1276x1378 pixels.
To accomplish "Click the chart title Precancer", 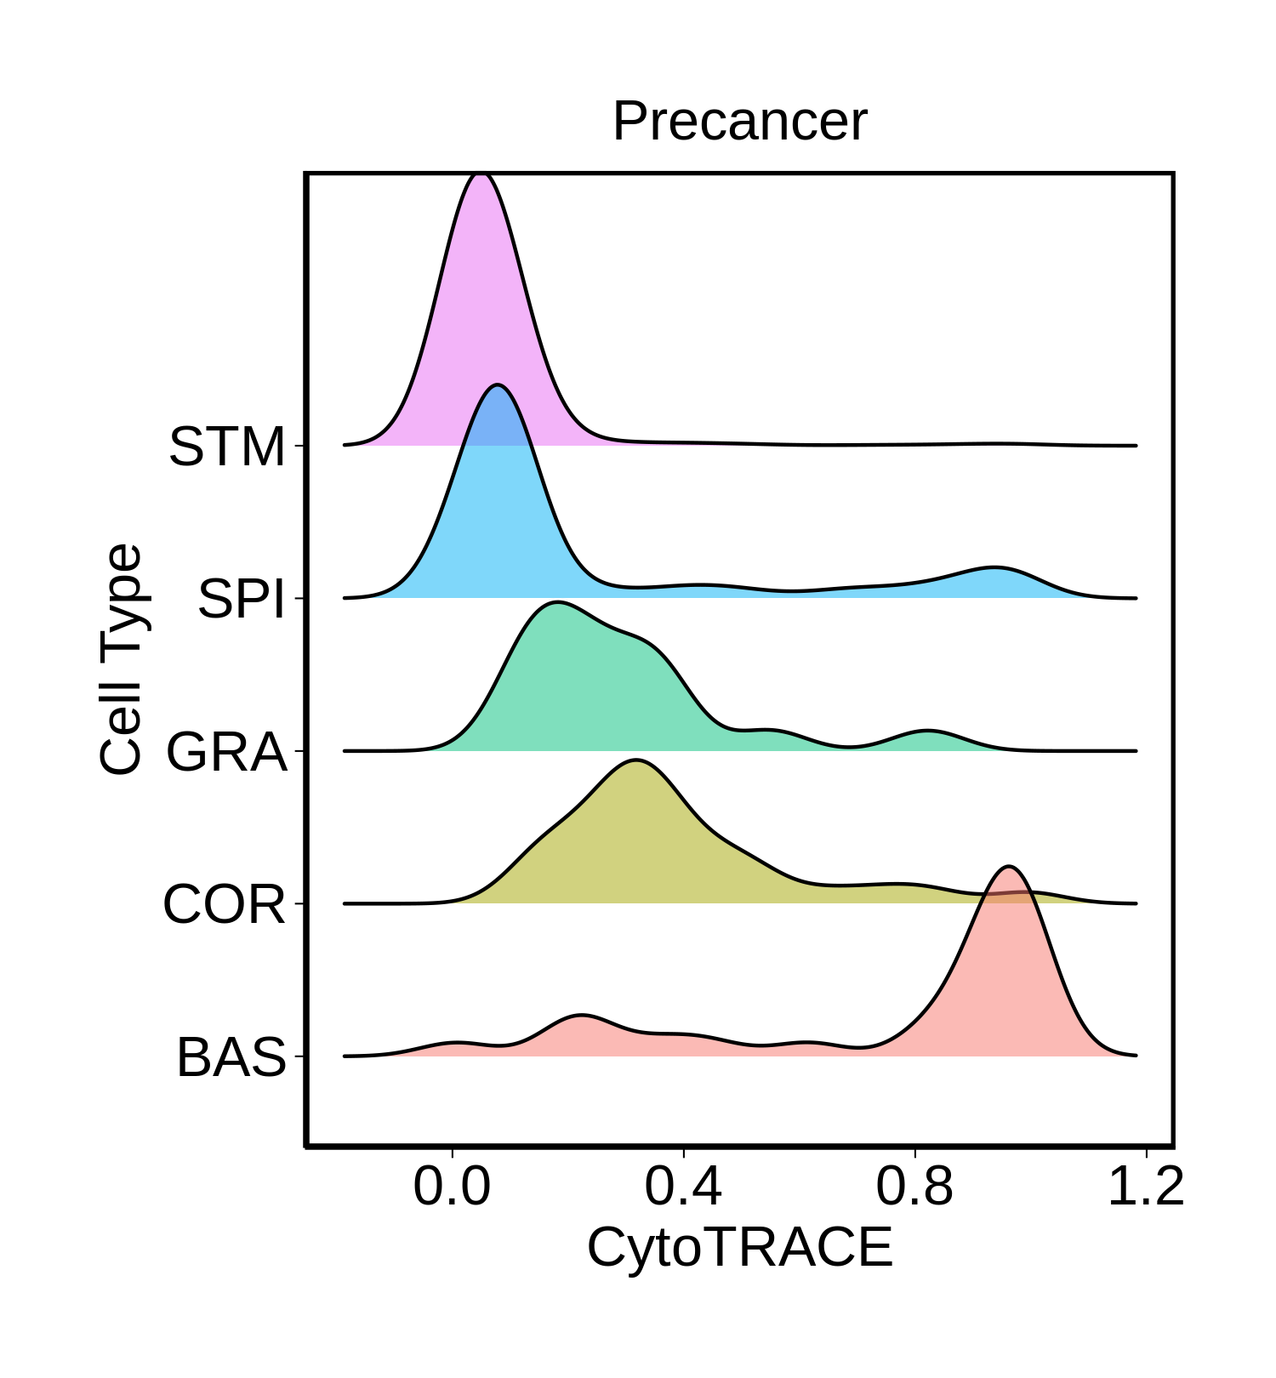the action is pos(739,121).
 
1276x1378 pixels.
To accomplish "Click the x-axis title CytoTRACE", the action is pos(739,1248).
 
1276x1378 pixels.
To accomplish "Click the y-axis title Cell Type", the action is pos(121,659).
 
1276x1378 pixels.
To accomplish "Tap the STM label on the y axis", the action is pos(227,447).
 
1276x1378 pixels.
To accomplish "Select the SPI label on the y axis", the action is pos(242,599).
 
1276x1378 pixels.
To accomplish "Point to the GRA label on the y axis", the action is pos(226,752).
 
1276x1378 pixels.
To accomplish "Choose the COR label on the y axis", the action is pos(225,904).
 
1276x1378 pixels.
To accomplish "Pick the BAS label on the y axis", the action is pos(231,1057).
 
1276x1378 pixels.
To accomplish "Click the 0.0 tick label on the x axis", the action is pos(452,1187).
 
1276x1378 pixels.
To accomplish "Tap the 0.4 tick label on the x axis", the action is pos(683,1187).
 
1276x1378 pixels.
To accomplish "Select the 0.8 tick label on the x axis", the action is pos(914,1187).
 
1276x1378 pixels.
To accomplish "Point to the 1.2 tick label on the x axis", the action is pos(1146,1187).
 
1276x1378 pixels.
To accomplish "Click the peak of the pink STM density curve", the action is pos(481,174).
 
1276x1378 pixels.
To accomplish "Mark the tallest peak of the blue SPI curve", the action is pos(498,385).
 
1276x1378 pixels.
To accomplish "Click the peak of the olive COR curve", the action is pos(635,760).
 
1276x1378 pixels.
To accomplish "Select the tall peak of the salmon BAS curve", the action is pos(1009,867).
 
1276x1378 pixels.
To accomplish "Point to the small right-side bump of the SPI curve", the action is pos(992,567).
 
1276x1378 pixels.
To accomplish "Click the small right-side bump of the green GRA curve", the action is pos(927,731).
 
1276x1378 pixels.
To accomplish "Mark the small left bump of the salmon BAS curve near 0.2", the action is pos(582,1015).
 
